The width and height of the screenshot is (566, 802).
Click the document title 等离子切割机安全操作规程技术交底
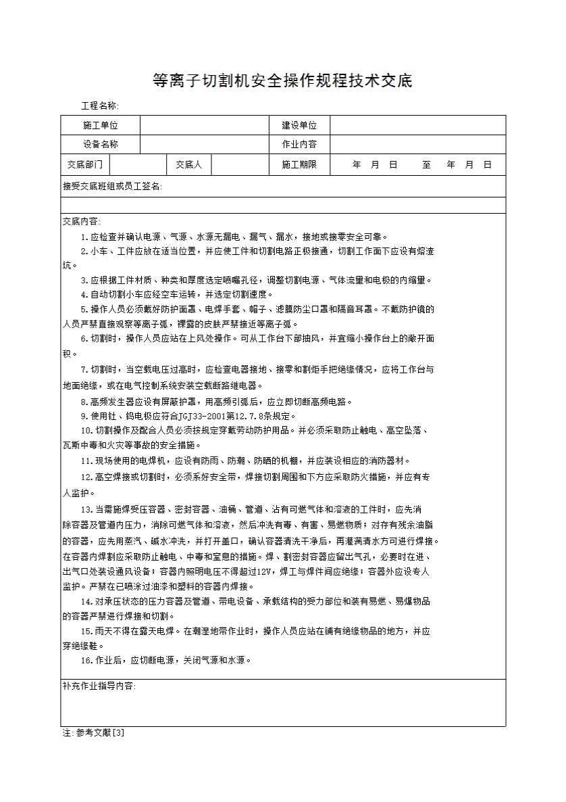click(x=282, y=82)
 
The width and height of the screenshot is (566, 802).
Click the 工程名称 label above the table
click(x=99, y=106)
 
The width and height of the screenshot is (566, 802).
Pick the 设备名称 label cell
click(x=101, y=144)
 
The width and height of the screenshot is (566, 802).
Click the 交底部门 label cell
click(x=85, y=164)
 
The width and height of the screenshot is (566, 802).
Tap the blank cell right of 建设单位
click(x=417, y=125)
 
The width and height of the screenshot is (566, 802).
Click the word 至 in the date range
click(x=427, y=164)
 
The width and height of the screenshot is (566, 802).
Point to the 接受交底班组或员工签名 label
click(x=112, y=187)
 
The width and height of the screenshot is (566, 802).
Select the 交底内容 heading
click(x=81, y=222)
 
